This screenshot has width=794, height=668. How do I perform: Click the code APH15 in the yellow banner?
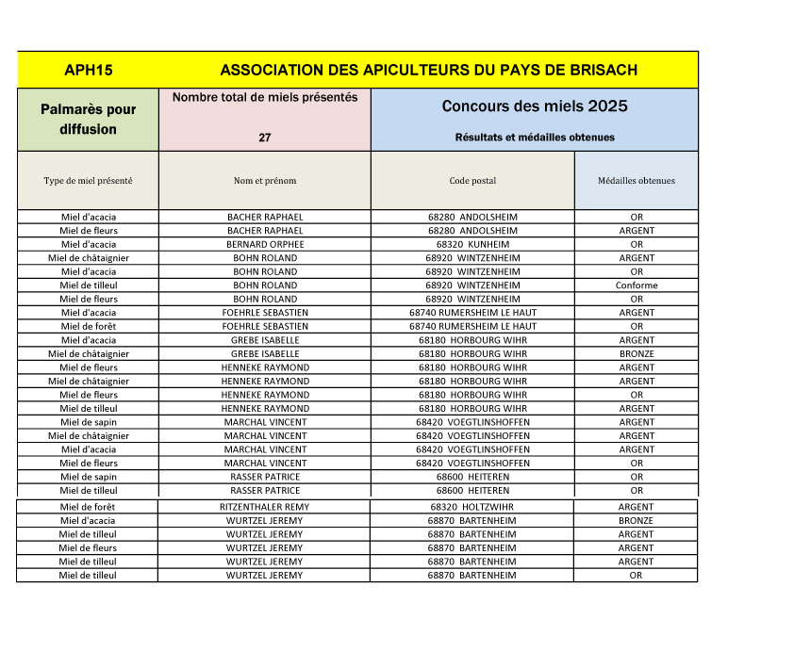point(88,70)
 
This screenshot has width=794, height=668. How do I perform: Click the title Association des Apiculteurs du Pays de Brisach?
point(428,70)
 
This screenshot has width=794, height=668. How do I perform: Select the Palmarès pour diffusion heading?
point(88,120)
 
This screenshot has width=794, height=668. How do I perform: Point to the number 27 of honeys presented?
point(265,138)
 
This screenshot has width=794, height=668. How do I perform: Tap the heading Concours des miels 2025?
point(535,106)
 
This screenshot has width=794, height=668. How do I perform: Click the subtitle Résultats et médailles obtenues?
point(535,138)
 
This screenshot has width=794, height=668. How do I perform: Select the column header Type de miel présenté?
point(88,181)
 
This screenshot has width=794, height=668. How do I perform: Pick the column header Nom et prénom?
point(265,181)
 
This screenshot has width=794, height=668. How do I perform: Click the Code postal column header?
point(472,181)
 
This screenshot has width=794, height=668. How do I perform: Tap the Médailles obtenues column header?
point(637,181)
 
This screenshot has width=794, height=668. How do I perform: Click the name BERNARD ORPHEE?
point(265,244)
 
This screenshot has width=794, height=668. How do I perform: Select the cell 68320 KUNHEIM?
point(472,244)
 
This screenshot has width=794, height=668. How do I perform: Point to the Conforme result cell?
point(637,285)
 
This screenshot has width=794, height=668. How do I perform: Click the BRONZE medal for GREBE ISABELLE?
point(637,354)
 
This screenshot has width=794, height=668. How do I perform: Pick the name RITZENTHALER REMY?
point(265,507)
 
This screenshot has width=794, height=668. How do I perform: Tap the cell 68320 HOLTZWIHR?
point(472,507)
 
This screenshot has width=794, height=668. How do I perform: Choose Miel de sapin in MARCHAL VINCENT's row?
point(88,422)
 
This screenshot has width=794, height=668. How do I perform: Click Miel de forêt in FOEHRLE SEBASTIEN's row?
point(88,327)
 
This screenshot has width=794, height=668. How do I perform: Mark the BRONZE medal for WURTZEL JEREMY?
point(637,520)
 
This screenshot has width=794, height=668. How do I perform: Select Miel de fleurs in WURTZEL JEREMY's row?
point(88,547)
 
